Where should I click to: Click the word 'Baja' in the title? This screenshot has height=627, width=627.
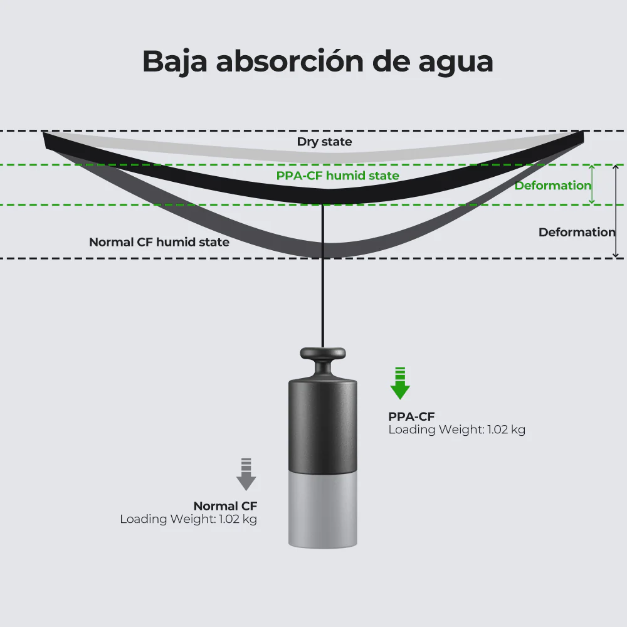pos(175,61)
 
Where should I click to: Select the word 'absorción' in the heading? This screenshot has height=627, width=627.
pos(290,61)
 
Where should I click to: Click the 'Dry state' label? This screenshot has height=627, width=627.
pos(324,142)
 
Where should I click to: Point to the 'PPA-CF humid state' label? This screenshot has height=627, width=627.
pos(337,176)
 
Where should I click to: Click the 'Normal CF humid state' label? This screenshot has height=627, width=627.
pos(159,242)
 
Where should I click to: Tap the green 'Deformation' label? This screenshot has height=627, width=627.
pos(552,186)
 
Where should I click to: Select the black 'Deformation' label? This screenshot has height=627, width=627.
pos(577,233)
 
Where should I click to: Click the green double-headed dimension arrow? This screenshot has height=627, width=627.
pos(593,185)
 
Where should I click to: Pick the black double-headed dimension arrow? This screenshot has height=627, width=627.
pos(616,211)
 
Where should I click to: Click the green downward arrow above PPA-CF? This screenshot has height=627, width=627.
pos(400,384)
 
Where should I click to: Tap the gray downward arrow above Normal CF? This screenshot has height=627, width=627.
pos(246,474)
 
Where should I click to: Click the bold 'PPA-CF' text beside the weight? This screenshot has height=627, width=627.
pos(411,417)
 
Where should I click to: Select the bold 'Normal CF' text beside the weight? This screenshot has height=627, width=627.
pos(225,506)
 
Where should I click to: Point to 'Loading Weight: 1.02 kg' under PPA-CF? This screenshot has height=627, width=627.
pos(456,430)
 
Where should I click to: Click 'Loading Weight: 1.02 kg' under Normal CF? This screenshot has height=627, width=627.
pos(188,519)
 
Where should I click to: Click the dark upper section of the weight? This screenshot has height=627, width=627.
pos(323,426)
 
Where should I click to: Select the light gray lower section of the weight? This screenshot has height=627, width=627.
pos(323,510)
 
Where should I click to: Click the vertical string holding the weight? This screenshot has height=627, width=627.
pos(323,276)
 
